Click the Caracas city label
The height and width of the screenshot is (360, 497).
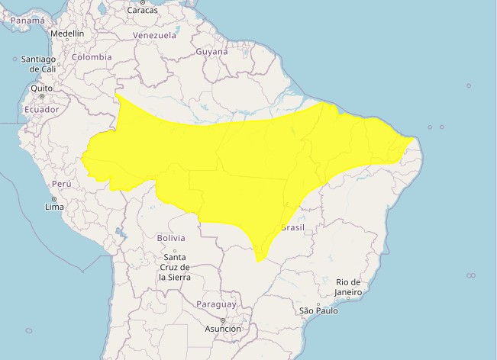tap(142, 10)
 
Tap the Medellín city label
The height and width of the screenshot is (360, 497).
tap(67, 34)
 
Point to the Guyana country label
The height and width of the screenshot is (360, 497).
tap(211, 52)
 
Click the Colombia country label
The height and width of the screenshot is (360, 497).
tap(92, 57)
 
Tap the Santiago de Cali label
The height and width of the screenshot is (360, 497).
tap(38, 64)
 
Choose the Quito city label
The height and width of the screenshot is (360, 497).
tap(41, 88)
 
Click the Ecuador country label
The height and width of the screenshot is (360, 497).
tap(41, 110)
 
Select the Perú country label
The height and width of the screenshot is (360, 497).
tap(61, 184)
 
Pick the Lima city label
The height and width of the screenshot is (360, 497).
tap(54, 207)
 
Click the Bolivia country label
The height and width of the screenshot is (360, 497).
tap(171, 238)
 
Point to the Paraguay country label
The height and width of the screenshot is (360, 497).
tap(217, 304)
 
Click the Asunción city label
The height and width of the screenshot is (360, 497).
tap(222, 329)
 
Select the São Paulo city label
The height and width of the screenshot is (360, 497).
tap(318, 310)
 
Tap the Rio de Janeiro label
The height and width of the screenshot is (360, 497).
tap(347, 287)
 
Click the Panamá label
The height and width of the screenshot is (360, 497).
tap(27, 21)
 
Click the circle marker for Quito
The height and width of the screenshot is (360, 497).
tap(41, 96)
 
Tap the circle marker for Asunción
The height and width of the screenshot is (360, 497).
tap(222, 320)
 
